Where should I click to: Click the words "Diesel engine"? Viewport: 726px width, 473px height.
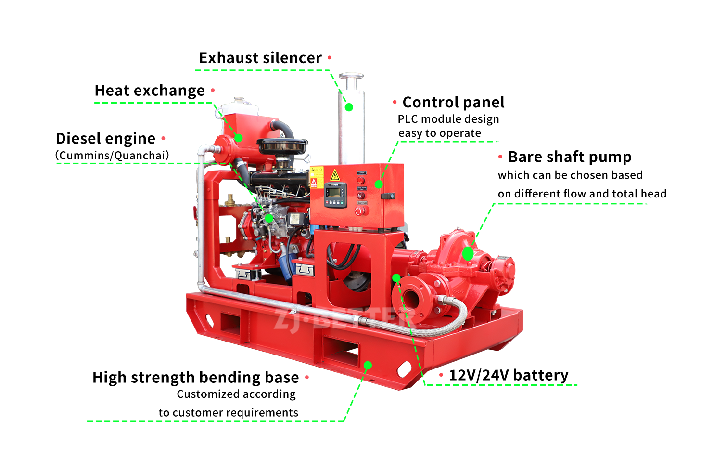pos(105,138)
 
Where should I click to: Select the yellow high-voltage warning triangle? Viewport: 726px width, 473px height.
pos(335,175)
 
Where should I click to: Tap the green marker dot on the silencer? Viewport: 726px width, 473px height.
pos(349,107)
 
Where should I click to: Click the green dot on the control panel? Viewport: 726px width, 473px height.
pos(379,184)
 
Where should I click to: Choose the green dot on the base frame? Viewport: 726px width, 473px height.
pos(368,365)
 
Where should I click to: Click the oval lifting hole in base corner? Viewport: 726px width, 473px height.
pos(404,369)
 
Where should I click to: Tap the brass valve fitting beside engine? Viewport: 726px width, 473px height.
pos(230,199)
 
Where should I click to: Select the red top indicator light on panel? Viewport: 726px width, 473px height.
pos(360,181)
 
